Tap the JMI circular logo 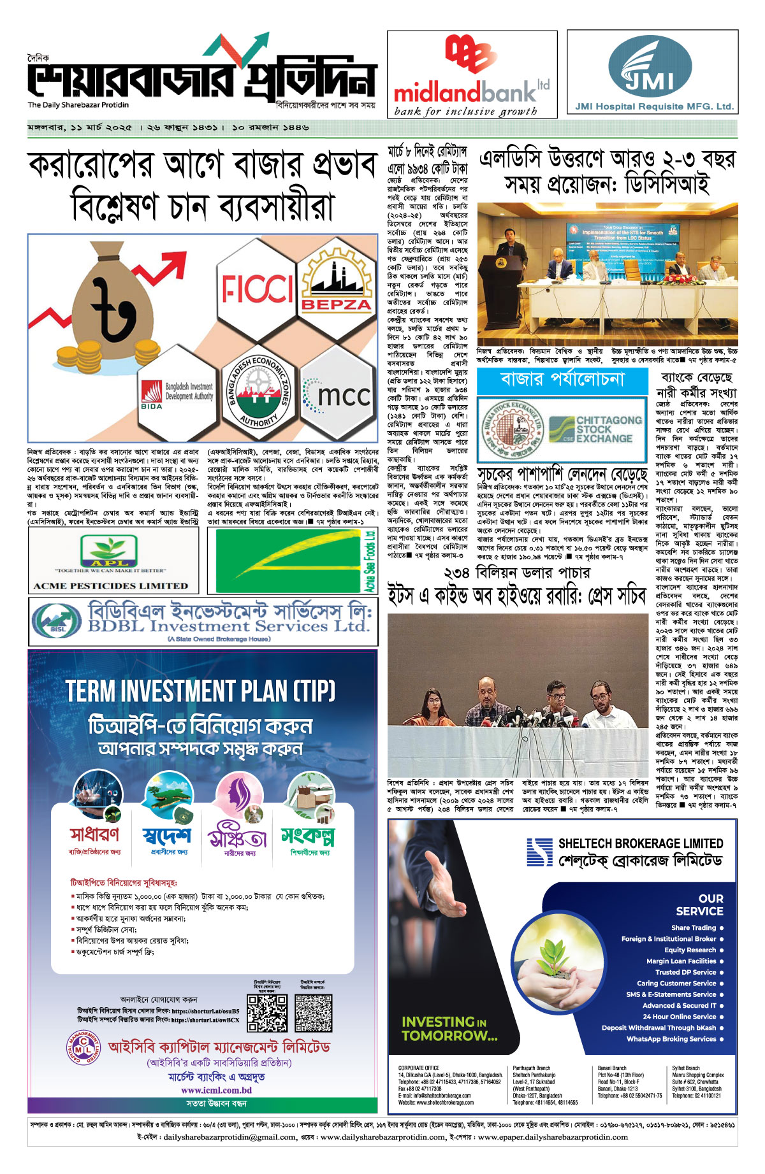650,67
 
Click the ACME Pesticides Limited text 110,585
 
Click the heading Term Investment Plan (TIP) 200,691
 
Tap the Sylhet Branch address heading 685,1068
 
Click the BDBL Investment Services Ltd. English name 228,626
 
